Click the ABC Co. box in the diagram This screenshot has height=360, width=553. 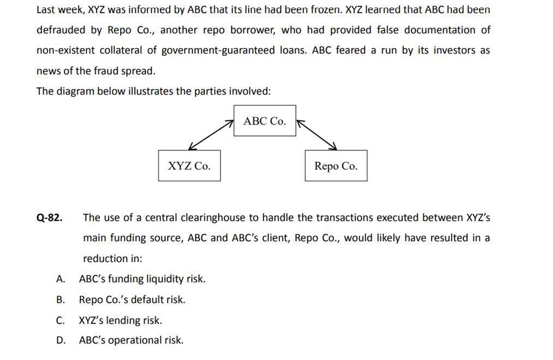265,121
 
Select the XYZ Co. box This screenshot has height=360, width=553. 189,166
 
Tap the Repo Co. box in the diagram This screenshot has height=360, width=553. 336,166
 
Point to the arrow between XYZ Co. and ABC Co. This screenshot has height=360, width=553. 211,135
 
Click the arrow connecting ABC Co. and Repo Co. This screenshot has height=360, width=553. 317,135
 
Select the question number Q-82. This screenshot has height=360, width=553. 49,217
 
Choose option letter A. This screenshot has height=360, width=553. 61,279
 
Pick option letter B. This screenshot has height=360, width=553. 61,299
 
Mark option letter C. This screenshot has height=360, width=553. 61,320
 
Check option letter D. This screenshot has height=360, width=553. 61,340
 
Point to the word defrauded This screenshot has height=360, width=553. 60,30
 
